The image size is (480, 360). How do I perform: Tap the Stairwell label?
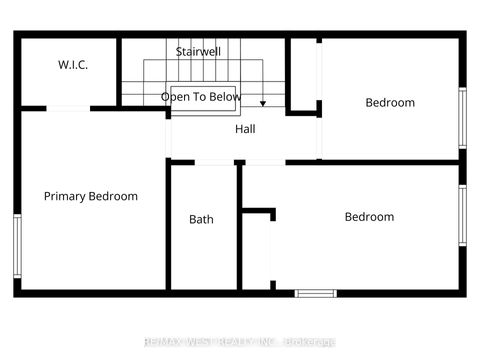point(198,51)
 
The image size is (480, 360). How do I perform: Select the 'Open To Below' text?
point(202,97)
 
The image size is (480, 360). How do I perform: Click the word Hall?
point(245,130)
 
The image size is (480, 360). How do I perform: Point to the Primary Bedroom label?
point(91,196)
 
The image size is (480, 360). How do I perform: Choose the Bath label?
point(201,219)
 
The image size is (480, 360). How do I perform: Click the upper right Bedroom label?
point(389,102)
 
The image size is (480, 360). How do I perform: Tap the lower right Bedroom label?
point(369,217)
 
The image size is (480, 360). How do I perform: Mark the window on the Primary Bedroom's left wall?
point(17,246)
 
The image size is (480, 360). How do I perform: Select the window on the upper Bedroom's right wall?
point(462,118)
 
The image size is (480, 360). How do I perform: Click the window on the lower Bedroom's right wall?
point(462,215)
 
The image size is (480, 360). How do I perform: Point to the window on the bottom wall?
point(315,293)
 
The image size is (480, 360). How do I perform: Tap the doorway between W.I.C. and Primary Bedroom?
point(68,108)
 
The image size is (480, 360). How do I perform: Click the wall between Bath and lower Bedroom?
point(240,226)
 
